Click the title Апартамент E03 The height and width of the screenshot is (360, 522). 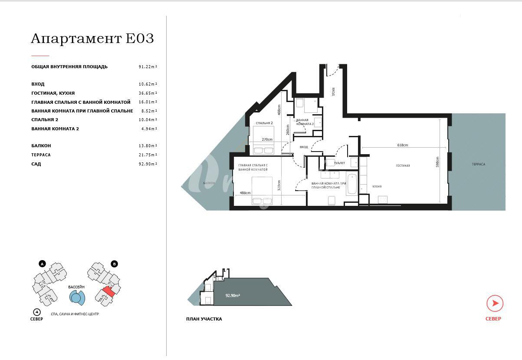click(x=92, y=39)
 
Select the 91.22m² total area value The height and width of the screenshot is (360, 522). click(x=148, y=67)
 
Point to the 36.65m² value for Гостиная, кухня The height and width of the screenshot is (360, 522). click(x=148, y=93)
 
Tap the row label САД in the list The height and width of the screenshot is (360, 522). click(x=36, y=164)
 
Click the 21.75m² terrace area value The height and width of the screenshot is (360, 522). click(x=148, y=155)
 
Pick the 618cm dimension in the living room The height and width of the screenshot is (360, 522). click(x=402, y=145)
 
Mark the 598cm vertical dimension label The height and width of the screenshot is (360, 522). click(x=437, y=162)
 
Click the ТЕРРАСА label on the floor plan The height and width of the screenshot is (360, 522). click(x=479, y=164)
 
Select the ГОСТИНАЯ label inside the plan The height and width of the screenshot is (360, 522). click(x=403, y=165)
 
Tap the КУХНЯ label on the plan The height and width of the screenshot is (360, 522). click(x=377, y=187)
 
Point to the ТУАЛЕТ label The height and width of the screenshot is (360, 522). click(x=339, y=163)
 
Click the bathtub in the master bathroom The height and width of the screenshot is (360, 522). click(x=352, y=184)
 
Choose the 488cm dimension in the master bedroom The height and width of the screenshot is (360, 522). click(x=245, y=193)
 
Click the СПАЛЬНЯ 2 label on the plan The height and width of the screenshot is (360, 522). click(x=264, y=123)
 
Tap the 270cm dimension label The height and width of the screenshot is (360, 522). click(x=267, y=139)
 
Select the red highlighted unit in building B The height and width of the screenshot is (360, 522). click(x=108, y=291)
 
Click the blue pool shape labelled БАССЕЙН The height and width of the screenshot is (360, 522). click(x=77, y=298)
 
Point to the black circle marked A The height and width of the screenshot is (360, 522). click(x=42, y=264)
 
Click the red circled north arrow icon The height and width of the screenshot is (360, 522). click(x=495, y=304)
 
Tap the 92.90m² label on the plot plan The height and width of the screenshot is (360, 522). click(x=233, y=295)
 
